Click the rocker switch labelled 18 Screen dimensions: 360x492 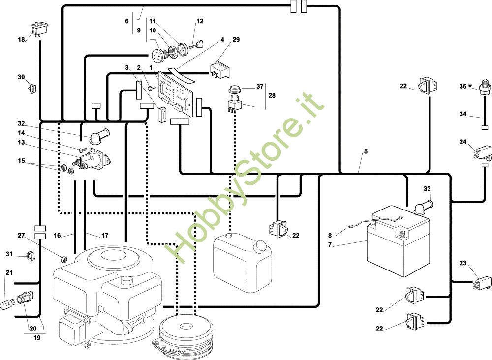(x=39, y=29)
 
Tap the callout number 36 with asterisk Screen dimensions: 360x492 (x=464, y=86)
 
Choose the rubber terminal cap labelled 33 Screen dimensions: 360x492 (x=423, y=204)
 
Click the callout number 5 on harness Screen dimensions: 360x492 (x=366, y=152)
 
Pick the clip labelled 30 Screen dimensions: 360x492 (x=33, y=89)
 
